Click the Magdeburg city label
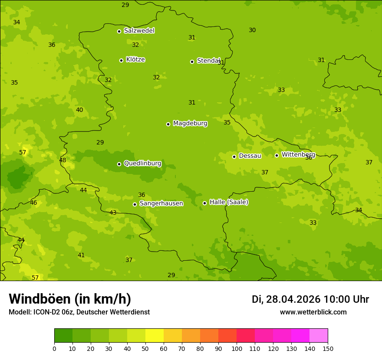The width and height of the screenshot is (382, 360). click(190, 124)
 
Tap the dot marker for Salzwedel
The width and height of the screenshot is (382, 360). click(119, 31)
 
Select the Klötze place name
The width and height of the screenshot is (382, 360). click(135, 59)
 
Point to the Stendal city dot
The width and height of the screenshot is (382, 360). click(192, 62)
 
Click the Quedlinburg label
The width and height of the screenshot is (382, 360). click(142, 164)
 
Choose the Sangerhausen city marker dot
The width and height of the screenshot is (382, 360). click(135, 204)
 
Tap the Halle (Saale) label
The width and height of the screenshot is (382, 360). click(229, 202)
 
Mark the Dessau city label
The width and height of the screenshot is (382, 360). click(250, 156)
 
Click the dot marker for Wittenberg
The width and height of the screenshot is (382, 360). click(277, 155)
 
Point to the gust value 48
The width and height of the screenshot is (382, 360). click(63, 160)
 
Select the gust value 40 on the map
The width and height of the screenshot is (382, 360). click(79, 110)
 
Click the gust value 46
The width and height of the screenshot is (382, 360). click(33, 203)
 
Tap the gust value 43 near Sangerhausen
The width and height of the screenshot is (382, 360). click(113, 213)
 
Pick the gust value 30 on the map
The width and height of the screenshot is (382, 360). click(252, 30)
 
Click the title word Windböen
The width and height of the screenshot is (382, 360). click(39, 299)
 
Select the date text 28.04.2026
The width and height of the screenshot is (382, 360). click(293, 299)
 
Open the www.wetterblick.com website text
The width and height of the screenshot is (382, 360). click(313, 312)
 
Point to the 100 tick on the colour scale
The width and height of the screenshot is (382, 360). click(237, 348)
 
